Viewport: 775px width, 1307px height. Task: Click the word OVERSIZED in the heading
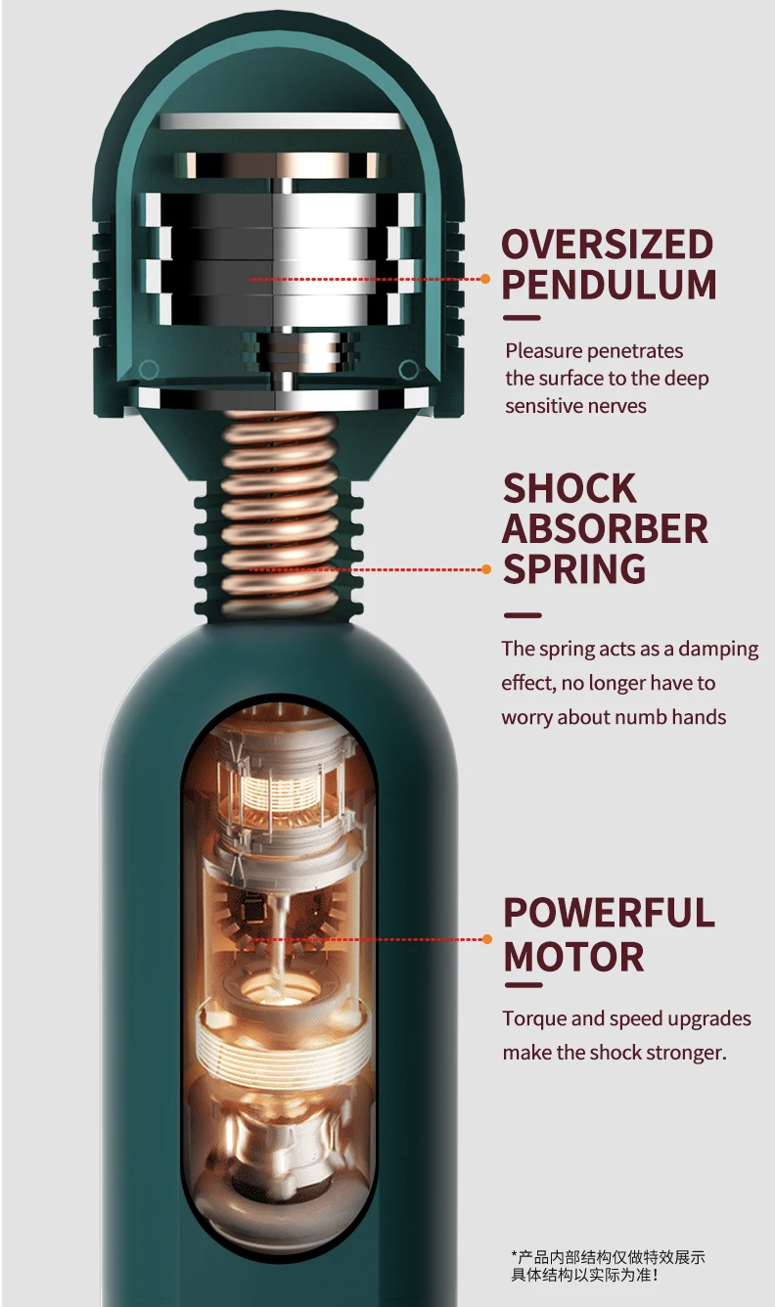click(x=608, y=244)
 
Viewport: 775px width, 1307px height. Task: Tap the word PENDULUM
click(x=609, y=284)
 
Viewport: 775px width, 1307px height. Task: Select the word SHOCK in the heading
click(x=570, y=488)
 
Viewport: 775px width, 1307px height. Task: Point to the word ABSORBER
click(x=605, y=528)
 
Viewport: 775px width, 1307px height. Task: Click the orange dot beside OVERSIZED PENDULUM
click(x=485, y=279)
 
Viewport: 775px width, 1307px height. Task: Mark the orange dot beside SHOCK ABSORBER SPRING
click(x=486, y=569)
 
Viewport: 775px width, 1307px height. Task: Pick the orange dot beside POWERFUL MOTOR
click(x=487, y=939)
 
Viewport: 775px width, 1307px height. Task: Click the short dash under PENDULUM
click(x=522, y=318)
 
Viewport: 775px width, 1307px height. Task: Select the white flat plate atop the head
click(x=281, y=120)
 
